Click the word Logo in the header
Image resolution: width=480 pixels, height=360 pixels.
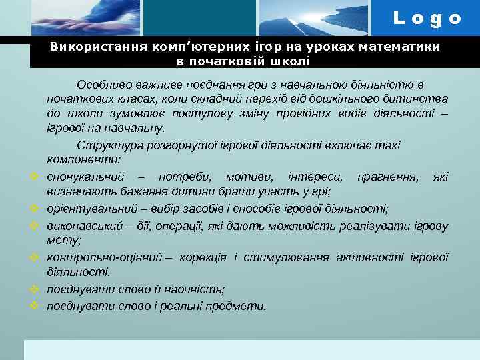click(x=427, y=18)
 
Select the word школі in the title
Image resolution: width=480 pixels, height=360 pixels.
click(x=291, y=61)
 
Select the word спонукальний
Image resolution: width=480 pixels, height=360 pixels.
click(x=86, y=177)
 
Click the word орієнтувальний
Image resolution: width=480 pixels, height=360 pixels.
click(x=90, y=208)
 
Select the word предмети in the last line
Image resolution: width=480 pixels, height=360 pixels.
click(x=241, y=306)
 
